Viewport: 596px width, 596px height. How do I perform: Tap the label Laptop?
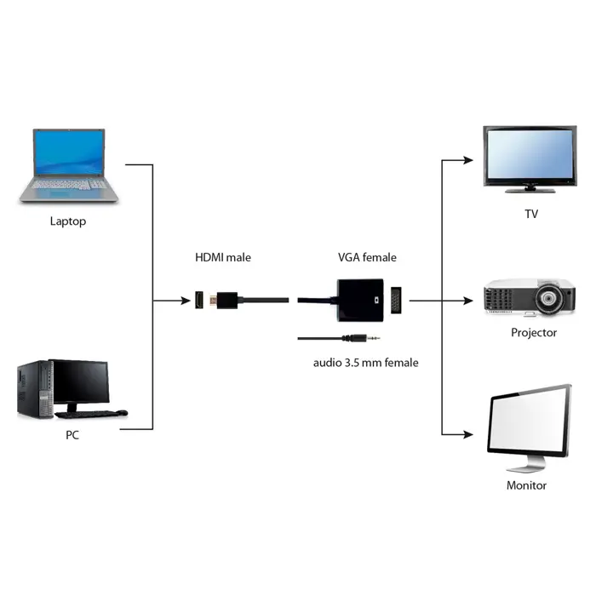tap(68, 221)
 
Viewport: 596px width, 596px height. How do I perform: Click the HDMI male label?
tap(223, 257)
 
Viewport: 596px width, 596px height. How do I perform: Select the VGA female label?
tap(367, 257)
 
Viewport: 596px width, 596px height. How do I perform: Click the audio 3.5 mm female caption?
tap(365, 363)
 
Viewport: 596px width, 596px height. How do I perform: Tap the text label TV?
tap(531, 214)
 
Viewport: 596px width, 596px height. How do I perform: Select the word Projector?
tap(534, 332)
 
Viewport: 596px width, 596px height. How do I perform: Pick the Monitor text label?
tap(526, 485)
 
